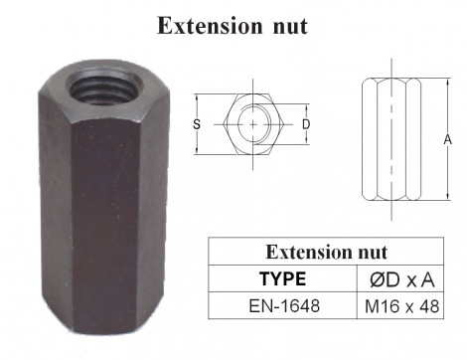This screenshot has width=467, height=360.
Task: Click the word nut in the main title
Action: point(287,26)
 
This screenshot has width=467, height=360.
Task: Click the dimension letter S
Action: point(197,124)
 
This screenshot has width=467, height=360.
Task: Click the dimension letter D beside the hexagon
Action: point(306,124)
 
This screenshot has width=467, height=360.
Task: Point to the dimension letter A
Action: point(448,140)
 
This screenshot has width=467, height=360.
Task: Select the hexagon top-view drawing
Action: point(253,124)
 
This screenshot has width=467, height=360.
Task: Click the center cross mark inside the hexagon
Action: point(253,124)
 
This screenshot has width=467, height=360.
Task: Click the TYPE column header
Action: point(282,278)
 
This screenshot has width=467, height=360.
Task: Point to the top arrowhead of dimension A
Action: point(437,77)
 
